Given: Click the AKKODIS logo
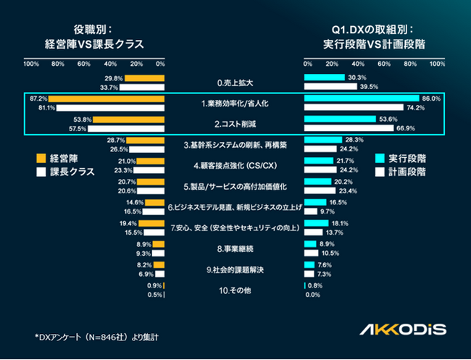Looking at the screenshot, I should coord(403,329).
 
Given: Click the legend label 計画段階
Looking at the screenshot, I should coord(409,172).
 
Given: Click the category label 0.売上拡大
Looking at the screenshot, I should coord(235,83).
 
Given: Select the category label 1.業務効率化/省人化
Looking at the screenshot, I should coord(235,103).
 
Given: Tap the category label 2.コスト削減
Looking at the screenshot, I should coord(235,124).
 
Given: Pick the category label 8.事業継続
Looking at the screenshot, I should coord(235,249).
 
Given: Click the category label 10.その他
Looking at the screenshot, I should coord(235,290).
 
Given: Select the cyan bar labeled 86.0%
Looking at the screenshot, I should coord(362,99).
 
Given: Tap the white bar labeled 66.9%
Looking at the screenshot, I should coord(349,129).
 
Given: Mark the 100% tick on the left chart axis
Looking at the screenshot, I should coord(31,64).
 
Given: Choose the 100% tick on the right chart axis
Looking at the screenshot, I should coord(438,64).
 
